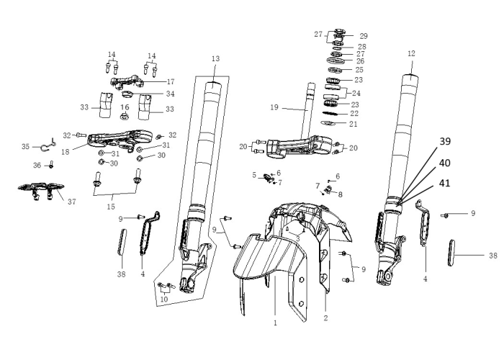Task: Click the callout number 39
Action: [445, 141]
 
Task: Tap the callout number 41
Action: [444, 183]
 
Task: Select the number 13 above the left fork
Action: [216, 58]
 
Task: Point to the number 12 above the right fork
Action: [411, 53]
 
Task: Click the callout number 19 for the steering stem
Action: [274, 107]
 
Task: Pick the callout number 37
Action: [72, 202]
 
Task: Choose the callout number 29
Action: [364, 36]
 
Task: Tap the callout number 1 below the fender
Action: [275, 323]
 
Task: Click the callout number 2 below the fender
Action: [325, 318]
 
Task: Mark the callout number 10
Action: [164, 300]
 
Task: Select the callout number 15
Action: [111, 207]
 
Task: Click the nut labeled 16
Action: [125, 117]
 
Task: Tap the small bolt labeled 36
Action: [51, 165]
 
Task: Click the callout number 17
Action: [171, 82]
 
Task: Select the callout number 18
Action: [66, 152]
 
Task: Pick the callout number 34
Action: [171, 94]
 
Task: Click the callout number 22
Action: [354, 114]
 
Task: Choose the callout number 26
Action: [360, 61]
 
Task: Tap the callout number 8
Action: [340, 194]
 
